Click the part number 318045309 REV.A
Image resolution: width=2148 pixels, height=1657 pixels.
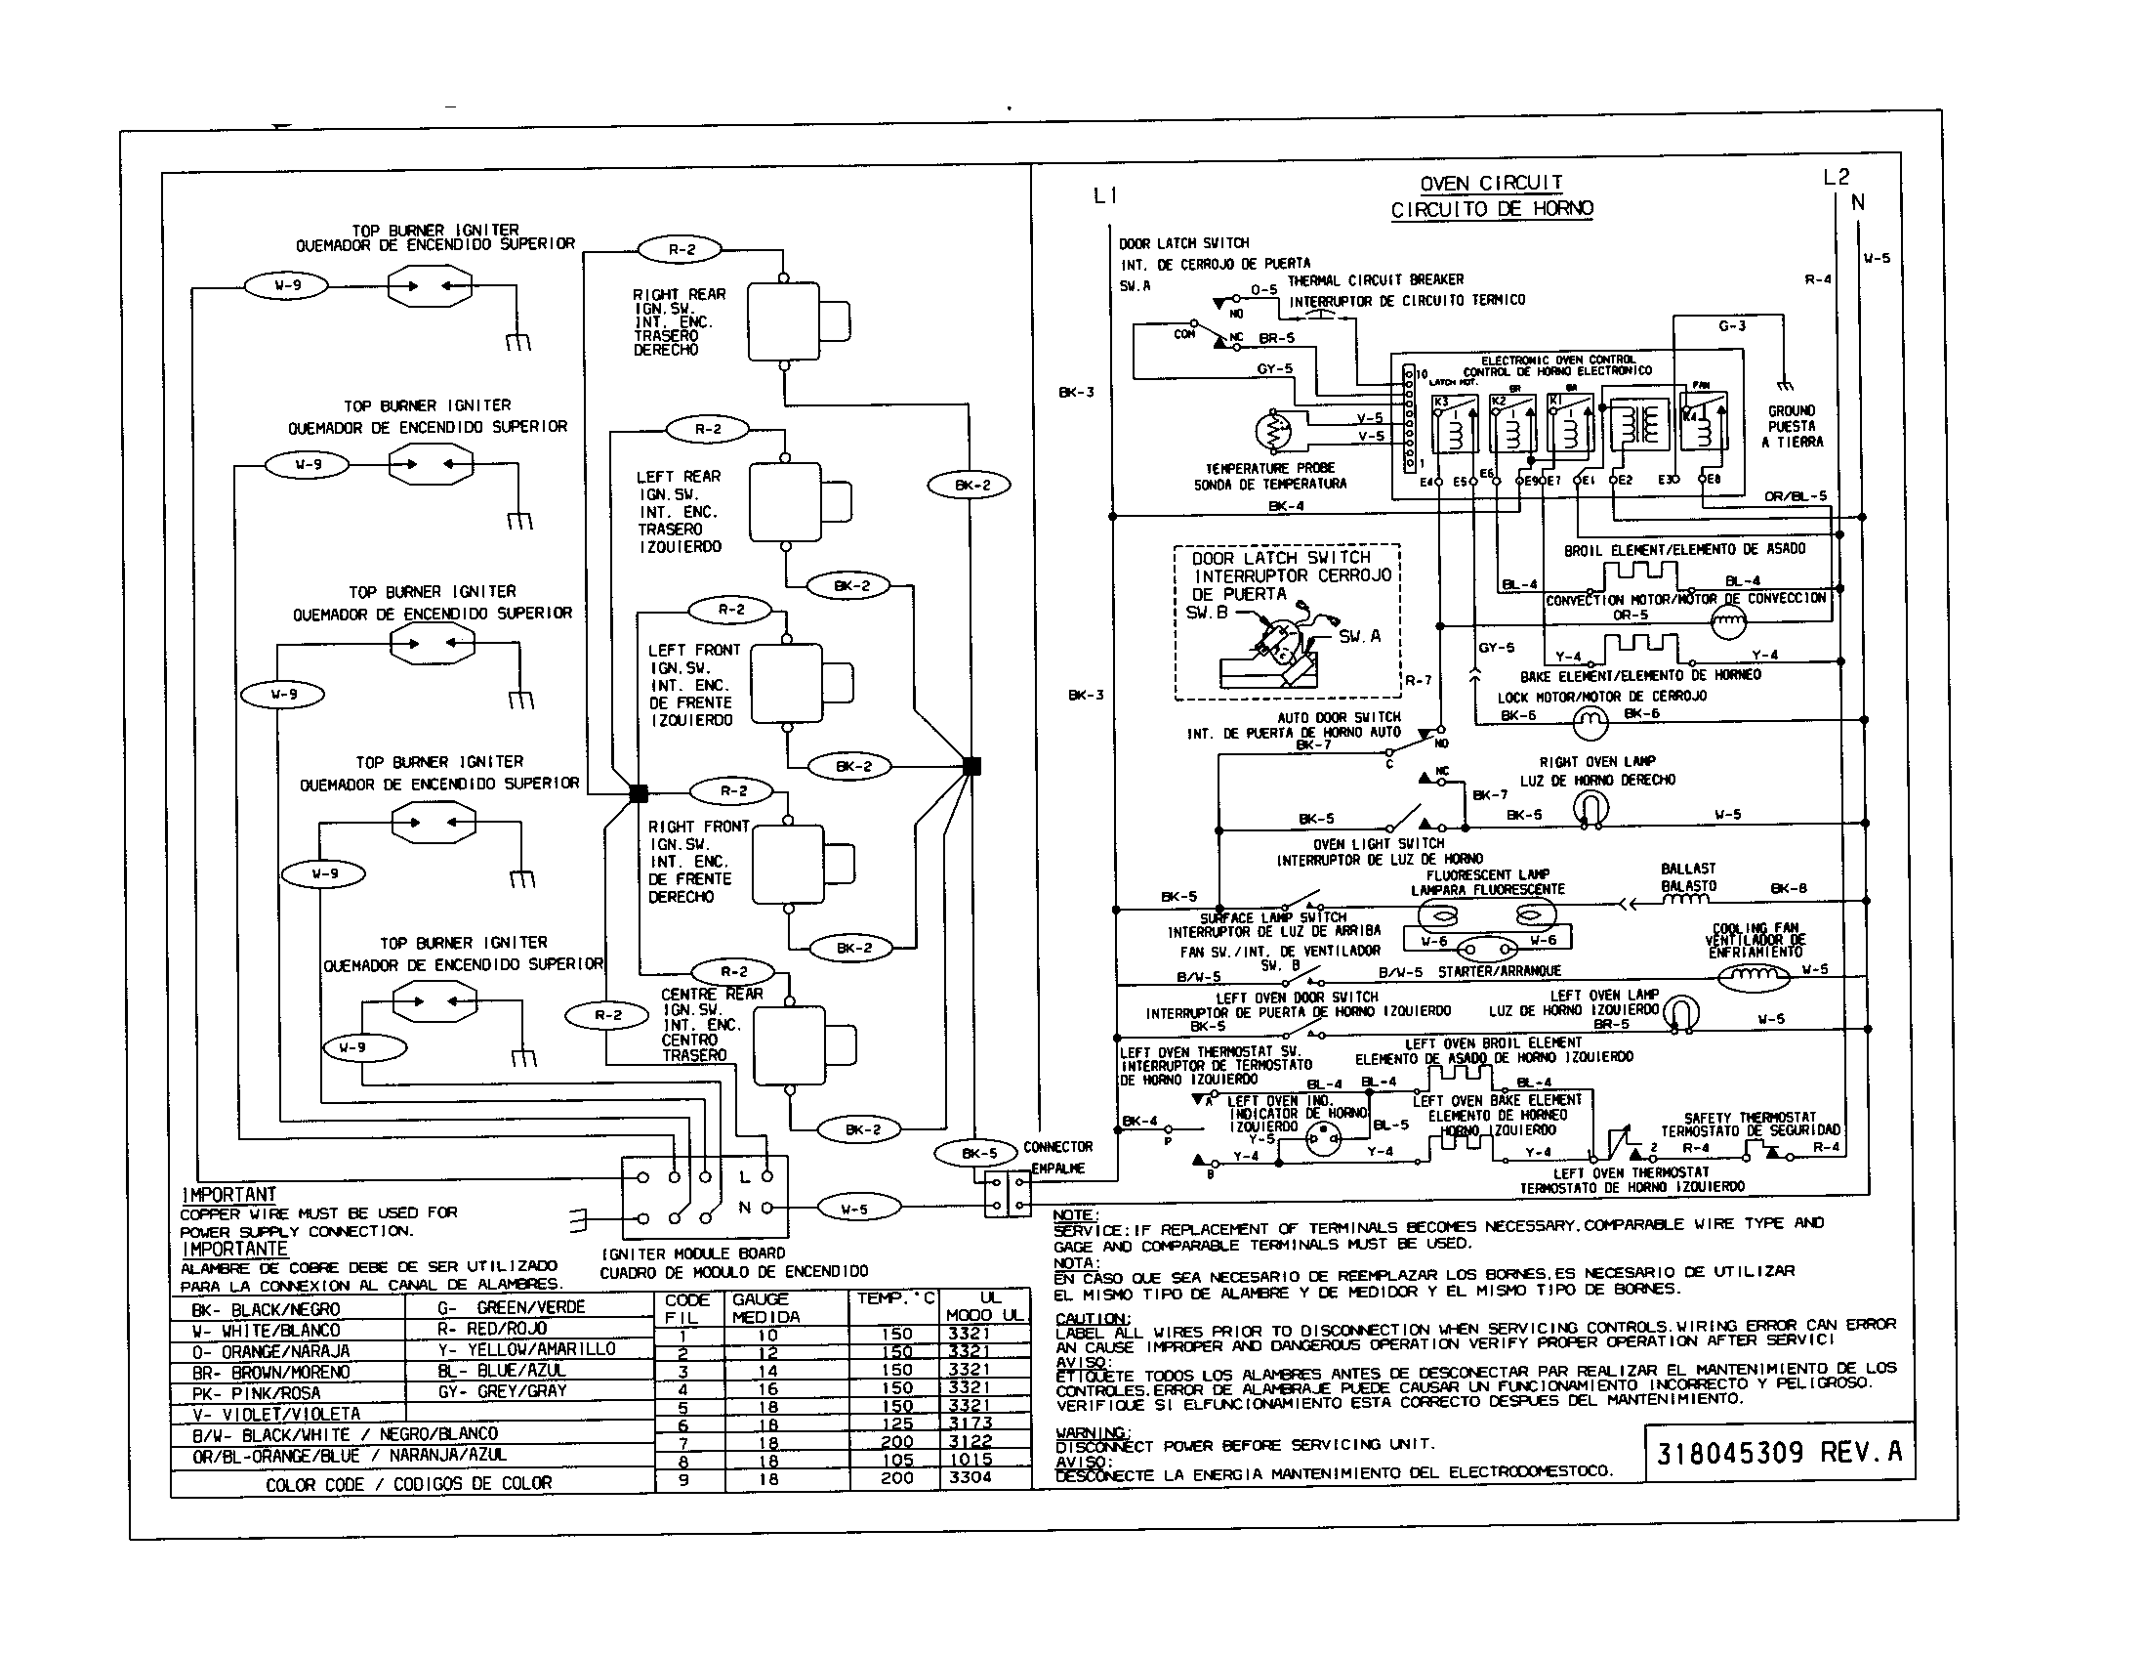click(x=1778, y=1454)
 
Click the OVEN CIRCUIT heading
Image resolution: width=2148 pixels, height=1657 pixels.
click(x=1491, y=183)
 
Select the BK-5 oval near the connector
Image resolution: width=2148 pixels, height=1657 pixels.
click(x=978, y=1153)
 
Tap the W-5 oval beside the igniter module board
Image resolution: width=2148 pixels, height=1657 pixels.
click(x=854, y=1209)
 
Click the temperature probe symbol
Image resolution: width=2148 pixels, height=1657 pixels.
click(x=1277, y=432)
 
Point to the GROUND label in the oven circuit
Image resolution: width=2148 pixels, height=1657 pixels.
click(x=1791, y=410)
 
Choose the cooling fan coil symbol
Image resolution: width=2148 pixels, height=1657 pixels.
click(x=1754, y=976)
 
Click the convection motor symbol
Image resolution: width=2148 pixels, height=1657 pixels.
click(x=1728, y=622)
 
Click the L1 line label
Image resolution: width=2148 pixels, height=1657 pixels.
click(x=1104, y=195)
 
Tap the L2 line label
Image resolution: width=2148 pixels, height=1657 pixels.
click(x=1836, y=177)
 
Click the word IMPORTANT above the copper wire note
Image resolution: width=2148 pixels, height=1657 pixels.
click(x=229, y=1195)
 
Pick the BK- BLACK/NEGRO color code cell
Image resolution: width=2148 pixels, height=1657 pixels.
click(x=267, y=1309)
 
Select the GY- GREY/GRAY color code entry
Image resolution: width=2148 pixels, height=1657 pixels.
click(x=503, y=1391)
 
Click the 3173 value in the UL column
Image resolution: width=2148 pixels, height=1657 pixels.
click(x=970, y=1423)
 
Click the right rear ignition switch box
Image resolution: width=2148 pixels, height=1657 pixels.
click(x=784, y=320)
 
